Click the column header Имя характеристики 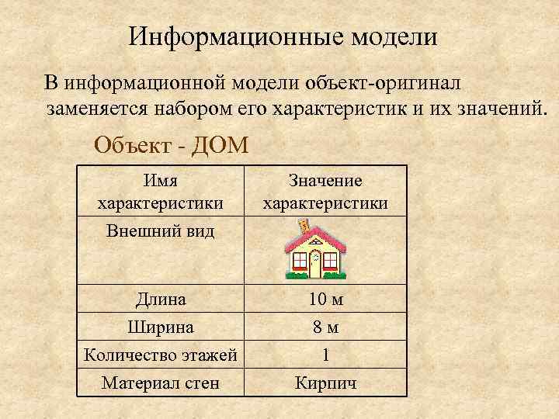pyautogui.click(x=160, y=192)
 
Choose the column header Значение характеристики pyautogui.click(x=325, y=192)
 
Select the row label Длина pyautogui.click(x=161, y=299)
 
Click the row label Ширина pyautogui.click(x=161, y=327)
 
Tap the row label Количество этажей pyautogui.click(x=160, y=355)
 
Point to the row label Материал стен pyautogui.click(x=161, y=383)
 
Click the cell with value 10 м pyautogui.click(x=325, y=299)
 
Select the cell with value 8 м pyautogui.click(x=325, y=327)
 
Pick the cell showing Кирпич pyautogui.click(x=325, y=383)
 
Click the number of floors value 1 pyautogui.click(x=325, y=355)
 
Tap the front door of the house pyautogui.click(x=315, y=263)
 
